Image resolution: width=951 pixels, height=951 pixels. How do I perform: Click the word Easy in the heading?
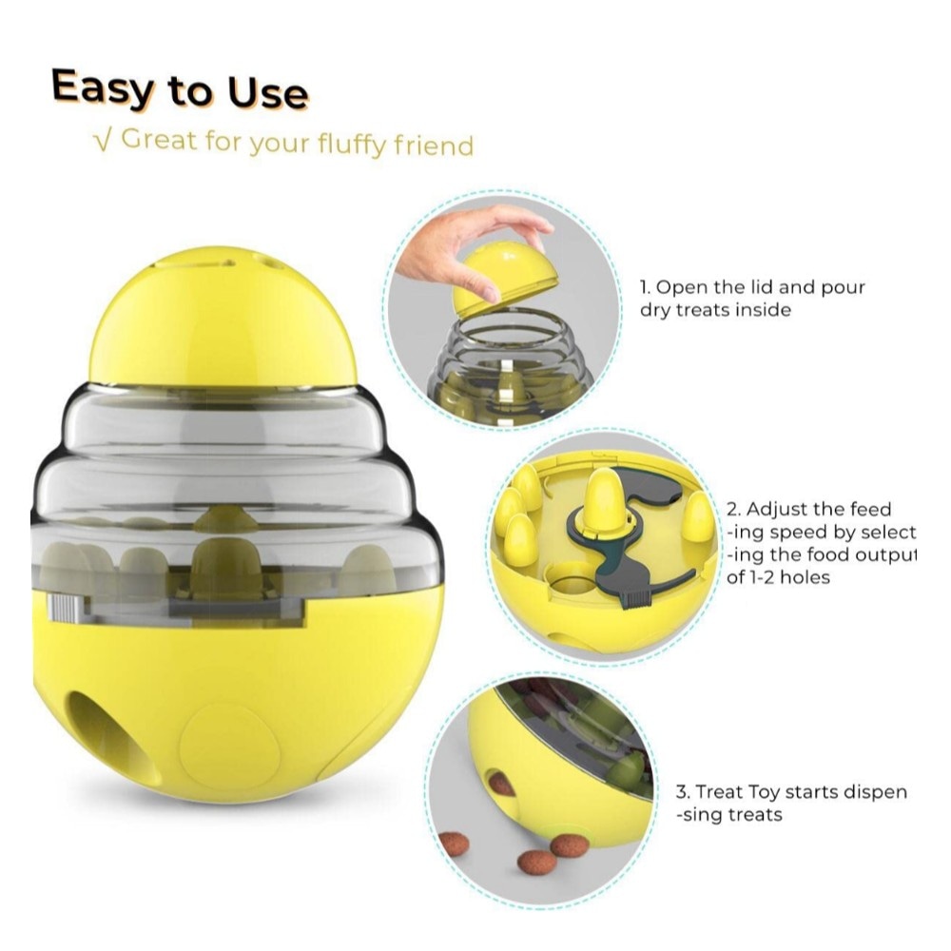pos(103,88)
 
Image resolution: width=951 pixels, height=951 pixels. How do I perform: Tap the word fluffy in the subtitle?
pos(352,145)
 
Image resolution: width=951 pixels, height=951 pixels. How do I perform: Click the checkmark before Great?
pos(104,141)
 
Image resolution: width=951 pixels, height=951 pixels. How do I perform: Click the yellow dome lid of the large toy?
pos(223,316)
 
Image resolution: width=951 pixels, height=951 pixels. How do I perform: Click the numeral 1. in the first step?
pos(646,287)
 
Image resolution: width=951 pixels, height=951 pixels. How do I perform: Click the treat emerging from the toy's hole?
pos(501,784)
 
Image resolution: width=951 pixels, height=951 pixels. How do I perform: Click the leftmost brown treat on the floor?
pos(454,844)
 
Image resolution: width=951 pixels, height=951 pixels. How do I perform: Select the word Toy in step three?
pos(766,793)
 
